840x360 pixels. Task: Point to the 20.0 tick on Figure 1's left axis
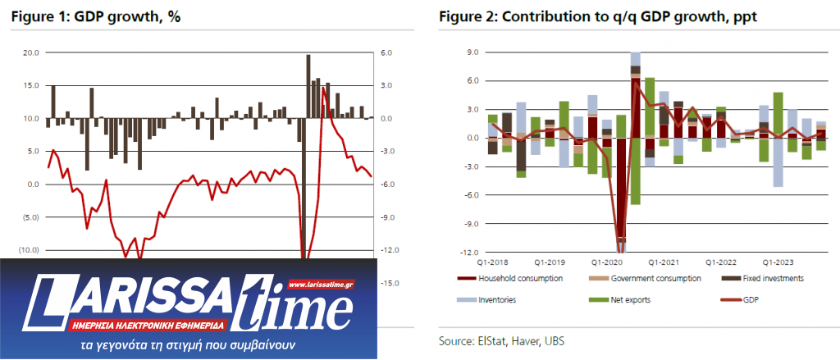(x=30, y=52)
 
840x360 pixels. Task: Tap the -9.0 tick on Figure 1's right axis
(x=386, y=217)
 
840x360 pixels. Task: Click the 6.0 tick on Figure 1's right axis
(x=386, y=52)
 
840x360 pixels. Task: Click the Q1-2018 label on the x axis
(x=491, y=263)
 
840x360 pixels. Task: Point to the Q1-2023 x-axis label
(x=777, y=263)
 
